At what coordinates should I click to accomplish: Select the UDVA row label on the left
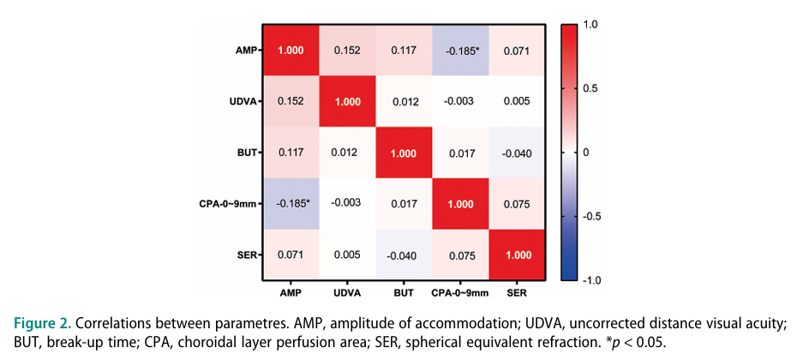point(242,101)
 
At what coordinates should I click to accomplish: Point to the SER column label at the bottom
point(518,292)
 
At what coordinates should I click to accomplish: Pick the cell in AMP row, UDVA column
point(348,49)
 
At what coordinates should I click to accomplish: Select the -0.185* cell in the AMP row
point(461,49)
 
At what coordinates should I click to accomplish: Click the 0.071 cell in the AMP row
point(518,49)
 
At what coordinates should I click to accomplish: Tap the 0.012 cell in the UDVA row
point(404,101)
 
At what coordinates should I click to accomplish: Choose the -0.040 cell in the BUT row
point(518,153)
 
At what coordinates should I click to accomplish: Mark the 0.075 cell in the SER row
point(461,255)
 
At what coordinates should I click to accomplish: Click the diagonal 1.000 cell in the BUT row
point(404,153)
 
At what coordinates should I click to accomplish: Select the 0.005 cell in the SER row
point(348,255)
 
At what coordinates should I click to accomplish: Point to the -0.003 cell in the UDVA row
point(461,101)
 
